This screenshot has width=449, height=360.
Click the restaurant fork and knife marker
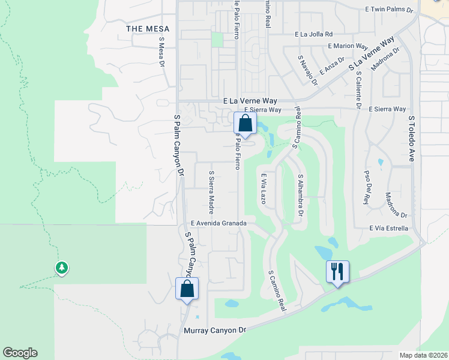pyautogui.click(x=337, y=272)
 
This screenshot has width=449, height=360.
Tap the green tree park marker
pyautogui.click(x=61, y=268)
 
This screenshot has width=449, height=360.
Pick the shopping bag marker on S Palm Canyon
pyautogui.click(x=187, y=289)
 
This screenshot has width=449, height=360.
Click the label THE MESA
pyautogui.click(x=148, y=29)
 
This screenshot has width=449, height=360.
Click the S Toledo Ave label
pyautogui.click(x=412, y=139)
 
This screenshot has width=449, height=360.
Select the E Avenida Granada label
pyautogui.click(x=218, y=223)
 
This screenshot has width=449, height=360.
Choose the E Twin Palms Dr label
pyautogui.click(x=390, y=10)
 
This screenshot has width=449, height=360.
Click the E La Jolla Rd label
pyautogui.click(x=313, y=34)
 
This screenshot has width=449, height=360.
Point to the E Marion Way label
pyautogui.click(x=348, y=46)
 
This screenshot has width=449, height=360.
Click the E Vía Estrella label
pyautogui.click(x=388, y=228)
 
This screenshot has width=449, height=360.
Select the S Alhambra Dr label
pyautogui.click(x=300, y=196)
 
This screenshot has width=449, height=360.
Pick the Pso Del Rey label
pyautogui.click(x=367, y=187)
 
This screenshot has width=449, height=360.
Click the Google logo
pyautogui.click(x=20, y=353)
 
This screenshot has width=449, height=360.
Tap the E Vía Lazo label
pyautogui.click(x=263, y=188)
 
